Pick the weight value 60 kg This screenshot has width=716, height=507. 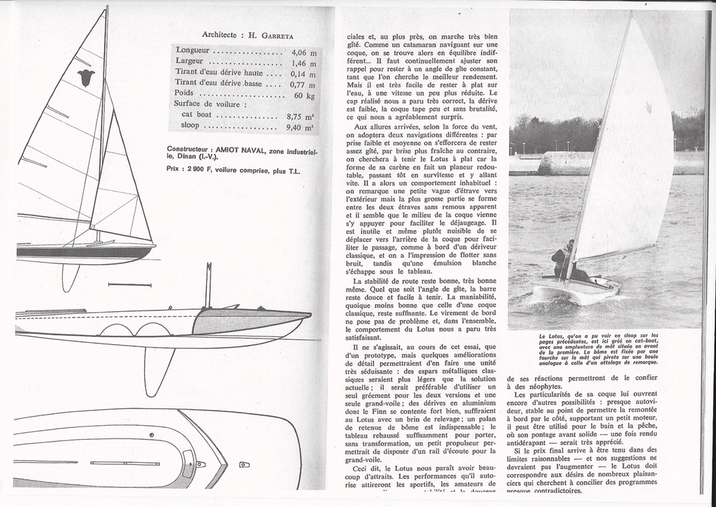pos(304,95)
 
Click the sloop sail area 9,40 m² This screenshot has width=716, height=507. pos(300,127)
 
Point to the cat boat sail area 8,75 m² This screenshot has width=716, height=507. pos(300,117)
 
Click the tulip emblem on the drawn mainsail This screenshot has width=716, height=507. pos(86,77)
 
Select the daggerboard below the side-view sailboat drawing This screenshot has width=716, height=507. pos(70,276)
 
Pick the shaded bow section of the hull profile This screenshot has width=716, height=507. pos(245,322)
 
